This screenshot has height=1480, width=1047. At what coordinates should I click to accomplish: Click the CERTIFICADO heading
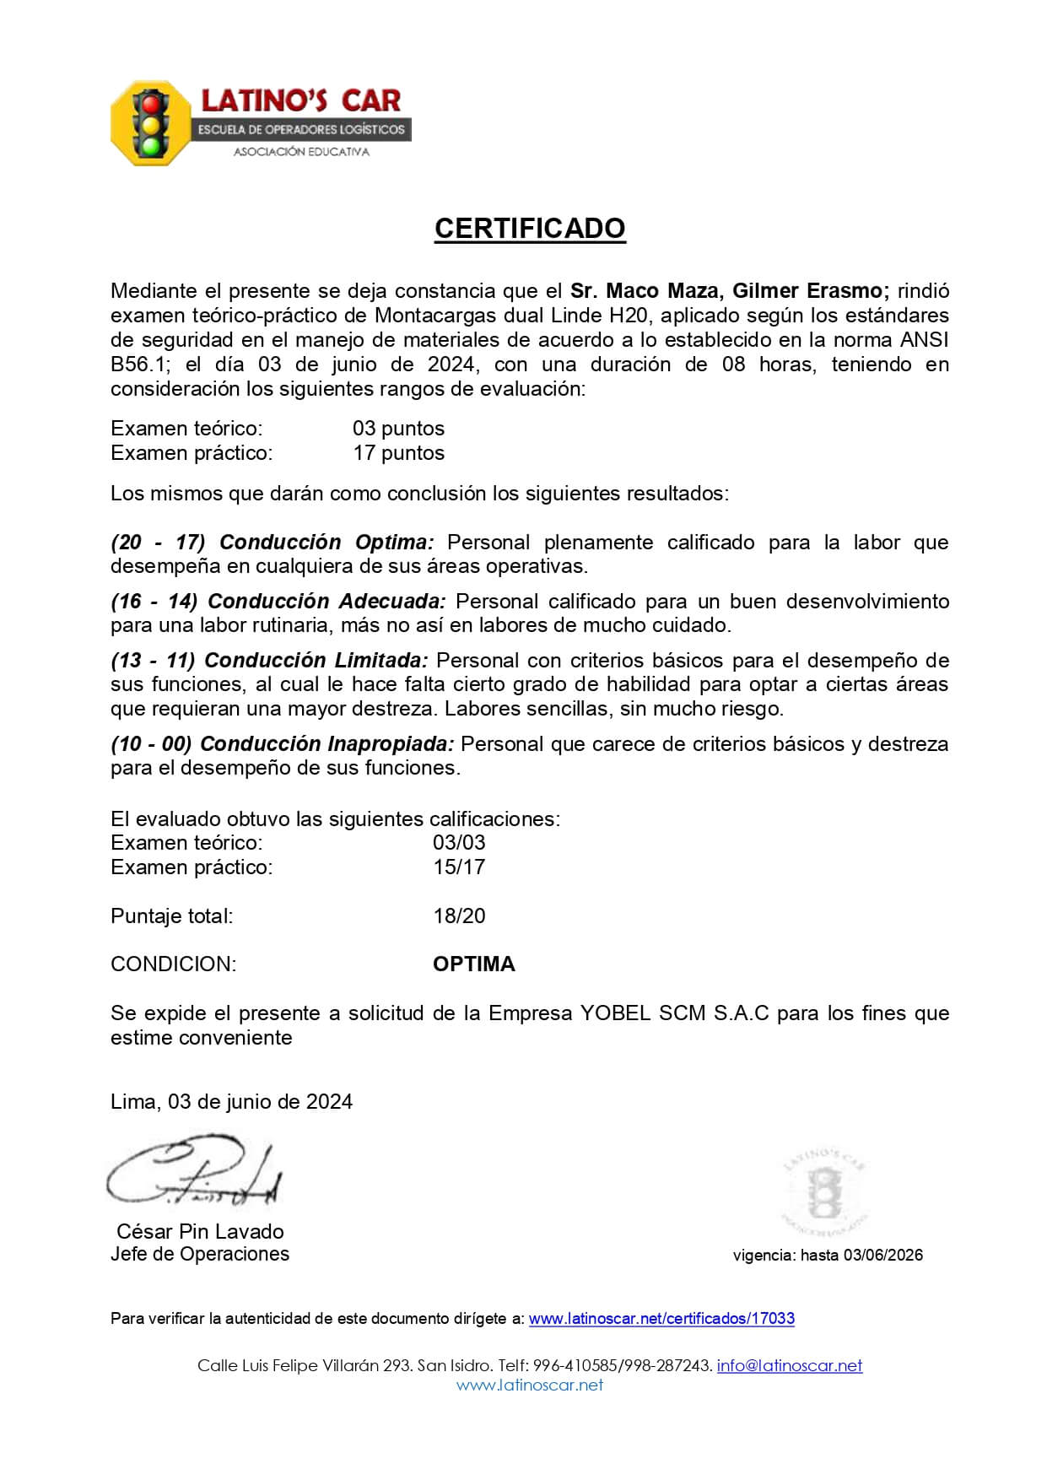[x=530, y=229]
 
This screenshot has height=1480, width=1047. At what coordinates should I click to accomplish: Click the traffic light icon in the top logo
[x=150, y=124]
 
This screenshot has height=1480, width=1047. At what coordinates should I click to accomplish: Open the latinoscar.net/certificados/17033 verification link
[x=661, y=1318]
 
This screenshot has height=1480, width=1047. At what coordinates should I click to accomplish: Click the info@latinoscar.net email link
[x=790, y=1365]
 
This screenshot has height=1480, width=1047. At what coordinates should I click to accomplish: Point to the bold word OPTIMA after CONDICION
[x=473, y=964]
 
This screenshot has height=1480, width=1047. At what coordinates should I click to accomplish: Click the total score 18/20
[x=459, y=916]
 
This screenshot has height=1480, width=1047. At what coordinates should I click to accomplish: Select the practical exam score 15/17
[x=459, y=867]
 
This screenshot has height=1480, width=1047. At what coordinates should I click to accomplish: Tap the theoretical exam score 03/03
[x=459, y=842]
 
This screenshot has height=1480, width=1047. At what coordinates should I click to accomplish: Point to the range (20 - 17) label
[x=158, y=542]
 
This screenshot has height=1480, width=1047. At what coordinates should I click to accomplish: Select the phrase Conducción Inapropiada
[x=327, y=743]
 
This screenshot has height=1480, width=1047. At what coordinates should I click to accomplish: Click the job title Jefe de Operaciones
[x=200, y=1254]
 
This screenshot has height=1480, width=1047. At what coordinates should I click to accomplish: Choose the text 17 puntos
[x=398, y=452]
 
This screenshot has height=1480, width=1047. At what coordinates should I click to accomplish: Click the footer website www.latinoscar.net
[x=530, y=1385]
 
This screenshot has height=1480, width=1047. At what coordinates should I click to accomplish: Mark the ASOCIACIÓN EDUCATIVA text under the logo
[x=301, y=152]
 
